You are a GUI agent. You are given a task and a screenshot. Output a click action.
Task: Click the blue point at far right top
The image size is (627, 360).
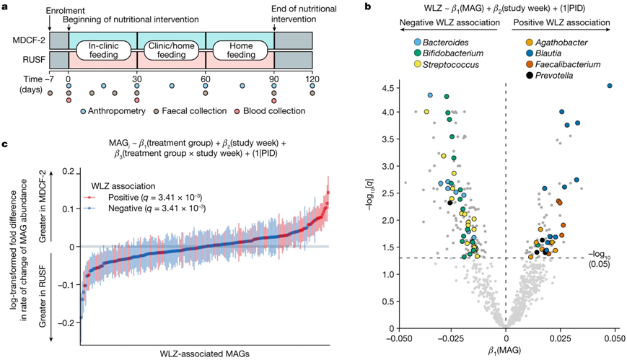[610, 86]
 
